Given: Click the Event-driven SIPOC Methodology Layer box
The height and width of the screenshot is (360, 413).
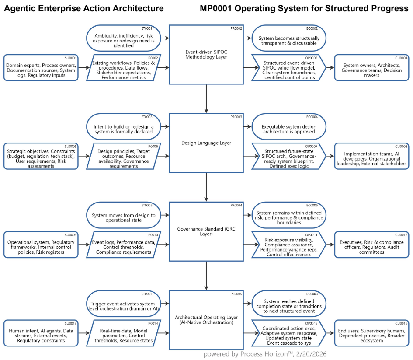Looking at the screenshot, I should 206,54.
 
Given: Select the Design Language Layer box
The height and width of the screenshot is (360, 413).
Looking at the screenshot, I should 206,143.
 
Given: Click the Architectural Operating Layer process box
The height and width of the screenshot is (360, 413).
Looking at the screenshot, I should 206,320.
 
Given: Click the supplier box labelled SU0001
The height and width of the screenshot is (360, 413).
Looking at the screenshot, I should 42,68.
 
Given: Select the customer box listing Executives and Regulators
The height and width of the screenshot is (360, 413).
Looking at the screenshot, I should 371,245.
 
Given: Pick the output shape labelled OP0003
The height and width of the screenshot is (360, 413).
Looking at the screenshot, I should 288,68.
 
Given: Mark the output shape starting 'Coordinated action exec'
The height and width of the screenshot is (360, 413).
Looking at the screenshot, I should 288,333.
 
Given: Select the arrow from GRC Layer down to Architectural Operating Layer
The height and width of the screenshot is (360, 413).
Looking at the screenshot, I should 206,276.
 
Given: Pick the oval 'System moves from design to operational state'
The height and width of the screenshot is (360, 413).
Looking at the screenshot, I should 123,215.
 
